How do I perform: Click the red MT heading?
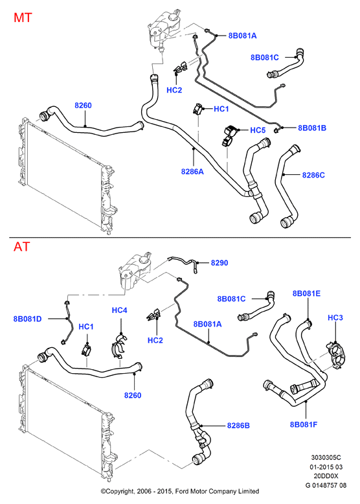point(23,17)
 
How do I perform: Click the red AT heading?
point(22,247)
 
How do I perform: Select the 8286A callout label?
point(192,172)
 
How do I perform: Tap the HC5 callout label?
point(258,130)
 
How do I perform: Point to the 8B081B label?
point(312,128)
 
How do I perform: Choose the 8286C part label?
point(313,175)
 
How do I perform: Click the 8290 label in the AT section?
point(219,263)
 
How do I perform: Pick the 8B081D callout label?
point(28,319)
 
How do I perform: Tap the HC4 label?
point(120,310)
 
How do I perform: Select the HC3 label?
point(335,317)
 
